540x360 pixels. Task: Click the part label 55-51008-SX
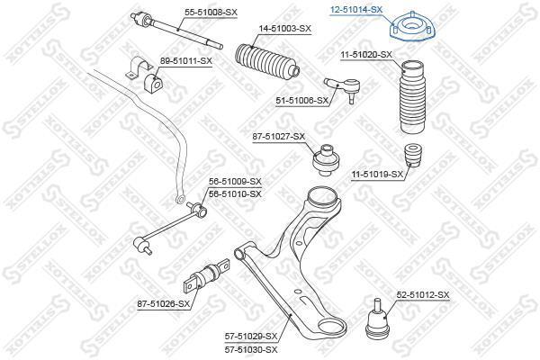[211, 13]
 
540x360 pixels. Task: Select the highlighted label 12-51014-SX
[355, 10]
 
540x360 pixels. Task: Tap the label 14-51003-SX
[284, 28]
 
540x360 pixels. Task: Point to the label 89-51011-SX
[186, 61]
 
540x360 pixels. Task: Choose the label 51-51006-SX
[302, 101]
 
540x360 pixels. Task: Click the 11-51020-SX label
[366, 54]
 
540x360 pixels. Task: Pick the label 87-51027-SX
[279, 137]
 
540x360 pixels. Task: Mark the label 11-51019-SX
[377, 175]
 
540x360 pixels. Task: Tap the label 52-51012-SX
[423, 295]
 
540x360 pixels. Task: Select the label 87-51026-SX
[164, 304]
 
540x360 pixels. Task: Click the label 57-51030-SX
[251, 350]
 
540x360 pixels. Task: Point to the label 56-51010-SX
[235, 194]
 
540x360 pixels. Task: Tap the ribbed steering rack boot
[267, 60]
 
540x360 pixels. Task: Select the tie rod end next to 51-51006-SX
[342, 88]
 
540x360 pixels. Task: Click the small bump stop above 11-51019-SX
[413, 155]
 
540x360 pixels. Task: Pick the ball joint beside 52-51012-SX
[377, 319]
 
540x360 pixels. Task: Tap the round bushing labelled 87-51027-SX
[326, 160]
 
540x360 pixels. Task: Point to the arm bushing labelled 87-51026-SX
[207, 276]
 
